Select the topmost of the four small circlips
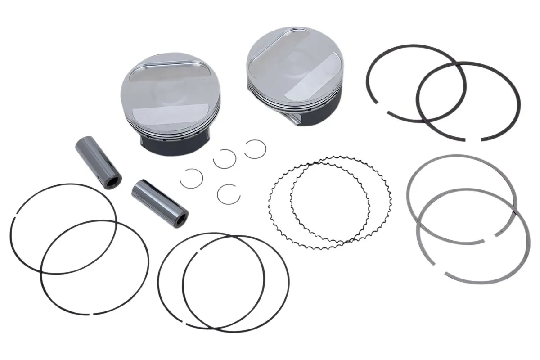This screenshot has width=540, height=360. click(254, 148)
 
